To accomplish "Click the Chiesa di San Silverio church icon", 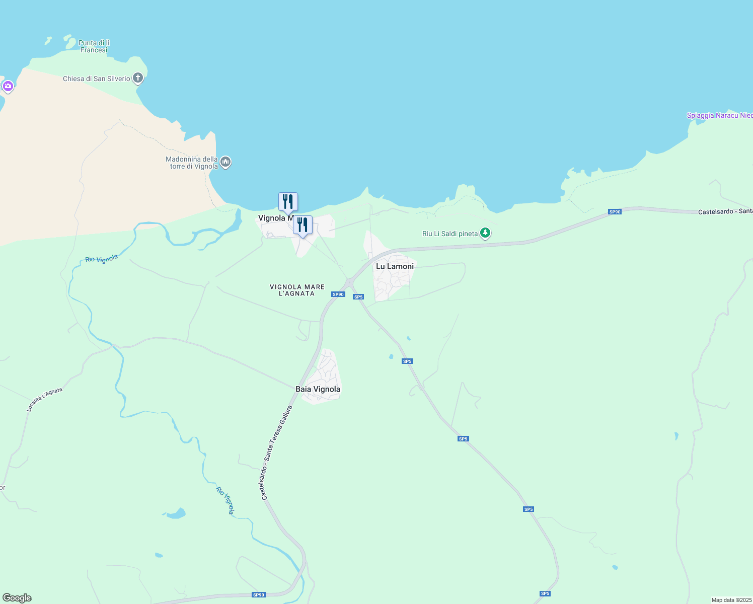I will coord(138,78).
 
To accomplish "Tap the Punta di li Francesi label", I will coord(94,46).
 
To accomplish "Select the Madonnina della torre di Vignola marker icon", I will coord(225,162).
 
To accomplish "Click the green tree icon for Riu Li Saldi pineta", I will coord(485,233).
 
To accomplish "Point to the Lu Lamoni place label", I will coord(395,266).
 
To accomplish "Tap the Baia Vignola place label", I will coord(318,389).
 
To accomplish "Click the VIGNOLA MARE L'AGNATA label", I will coord(297,290).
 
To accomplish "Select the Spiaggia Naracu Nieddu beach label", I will coord(719,115).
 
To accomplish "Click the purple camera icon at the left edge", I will coord(8,86).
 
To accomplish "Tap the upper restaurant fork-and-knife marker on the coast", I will coord(288,201).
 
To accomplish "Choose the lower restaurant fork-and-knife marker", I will coord(303,224).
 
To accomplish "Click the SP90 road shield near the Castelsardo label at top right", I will coord(615,212).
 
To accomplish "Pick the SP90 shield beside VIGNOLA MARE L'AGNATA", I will coord(338,294).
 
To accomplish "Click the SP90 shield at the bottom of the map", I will coord(258,595).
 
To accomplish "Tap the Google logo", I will coord(17,598).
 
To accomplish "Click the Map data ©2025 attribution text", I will coord(731,600).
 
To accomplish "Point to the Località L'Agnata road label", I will coord(45,400).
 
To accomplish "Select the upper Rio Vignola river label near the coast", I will coord(101,259).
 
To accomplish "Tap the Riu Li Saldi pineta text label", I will coord(449,234).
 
